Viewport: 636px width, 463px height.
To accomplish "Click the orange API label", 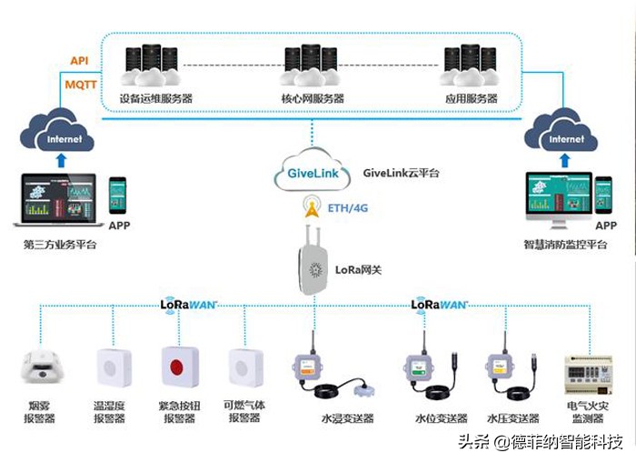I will (x=78, y=61).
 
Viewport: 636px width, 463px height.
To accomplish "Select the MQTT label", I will (x=80, y=84).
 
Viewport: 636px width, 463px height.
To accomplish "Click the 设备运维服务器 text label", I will (x=156, y=98).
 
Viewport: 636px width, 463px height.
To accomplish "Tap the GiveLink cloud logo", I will (x=312, y=171).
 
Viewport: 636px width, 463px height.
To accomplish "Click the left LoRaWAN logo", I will (x=189, y=305).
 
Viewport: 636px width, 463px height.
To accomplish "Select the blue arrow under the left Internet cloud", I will (x=61, y=161).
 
